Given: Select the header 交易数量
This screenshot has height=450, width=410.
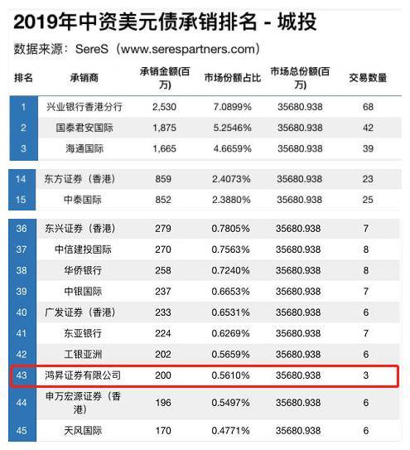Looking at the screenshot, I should coord(366,78).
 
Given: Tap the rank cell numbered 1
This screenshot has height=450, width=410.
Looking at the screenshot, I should coord(24,107).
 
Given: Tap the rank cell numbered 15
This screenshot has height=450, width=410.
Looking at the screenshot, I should coord(24,199).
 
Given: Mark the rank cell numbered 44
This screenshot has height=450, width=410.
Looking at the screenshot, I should coord(24,403).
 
